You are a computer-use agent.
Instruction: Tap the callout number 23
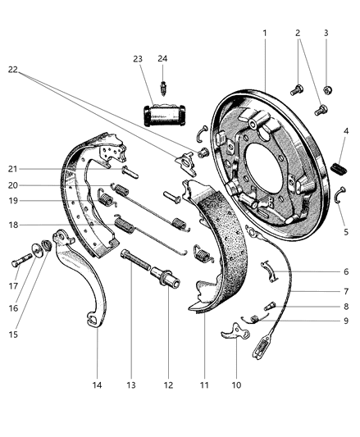(137, 58)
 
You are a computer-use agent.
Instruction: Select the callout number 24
(163, 57)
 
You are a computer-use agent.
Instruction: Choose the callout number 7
(346, 290)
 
